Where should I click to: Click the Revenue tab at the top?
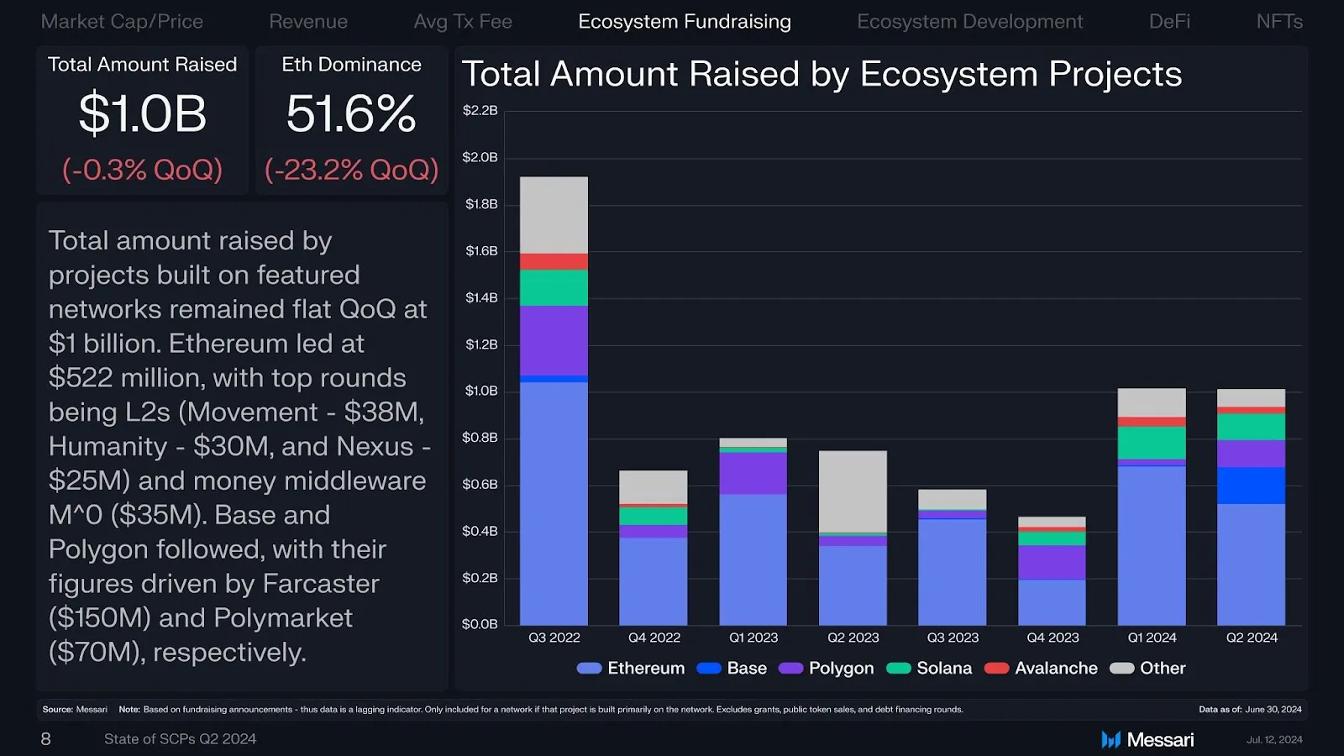[308, 22]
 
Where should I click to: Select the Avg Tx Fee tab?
[463, 22]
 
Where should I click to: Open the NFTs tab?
[1278, 22]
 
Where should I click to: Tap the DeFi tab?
[1169, 22]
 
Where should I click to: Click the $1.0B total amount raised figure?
[143, 113]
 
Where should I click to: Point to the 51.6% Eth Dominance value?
[351, 113]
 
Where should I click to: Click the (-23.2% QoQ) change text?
[351, 170]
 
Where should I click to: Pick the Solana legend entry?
[930, 668]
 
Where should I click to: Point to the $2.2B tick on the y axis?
[480, 111]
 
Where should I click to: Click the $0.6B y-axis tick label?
[480, 485]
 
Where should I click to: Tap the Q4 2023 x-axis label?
[1053, 638]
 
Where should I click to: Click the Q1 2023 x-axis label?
[753, 638]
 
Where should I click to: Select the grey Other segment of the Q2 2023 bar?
[853, 491]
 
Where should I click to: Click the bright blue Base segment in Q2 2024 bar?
[1251, 486]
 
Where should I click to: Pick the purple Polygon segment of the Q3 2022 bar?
[554, 340]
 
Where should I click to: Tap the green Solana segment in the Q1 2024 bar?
[1152, 443]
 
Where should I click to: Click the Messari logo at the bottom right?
[1147, 739]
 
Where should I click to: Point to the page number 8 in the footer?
[46, 739]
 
